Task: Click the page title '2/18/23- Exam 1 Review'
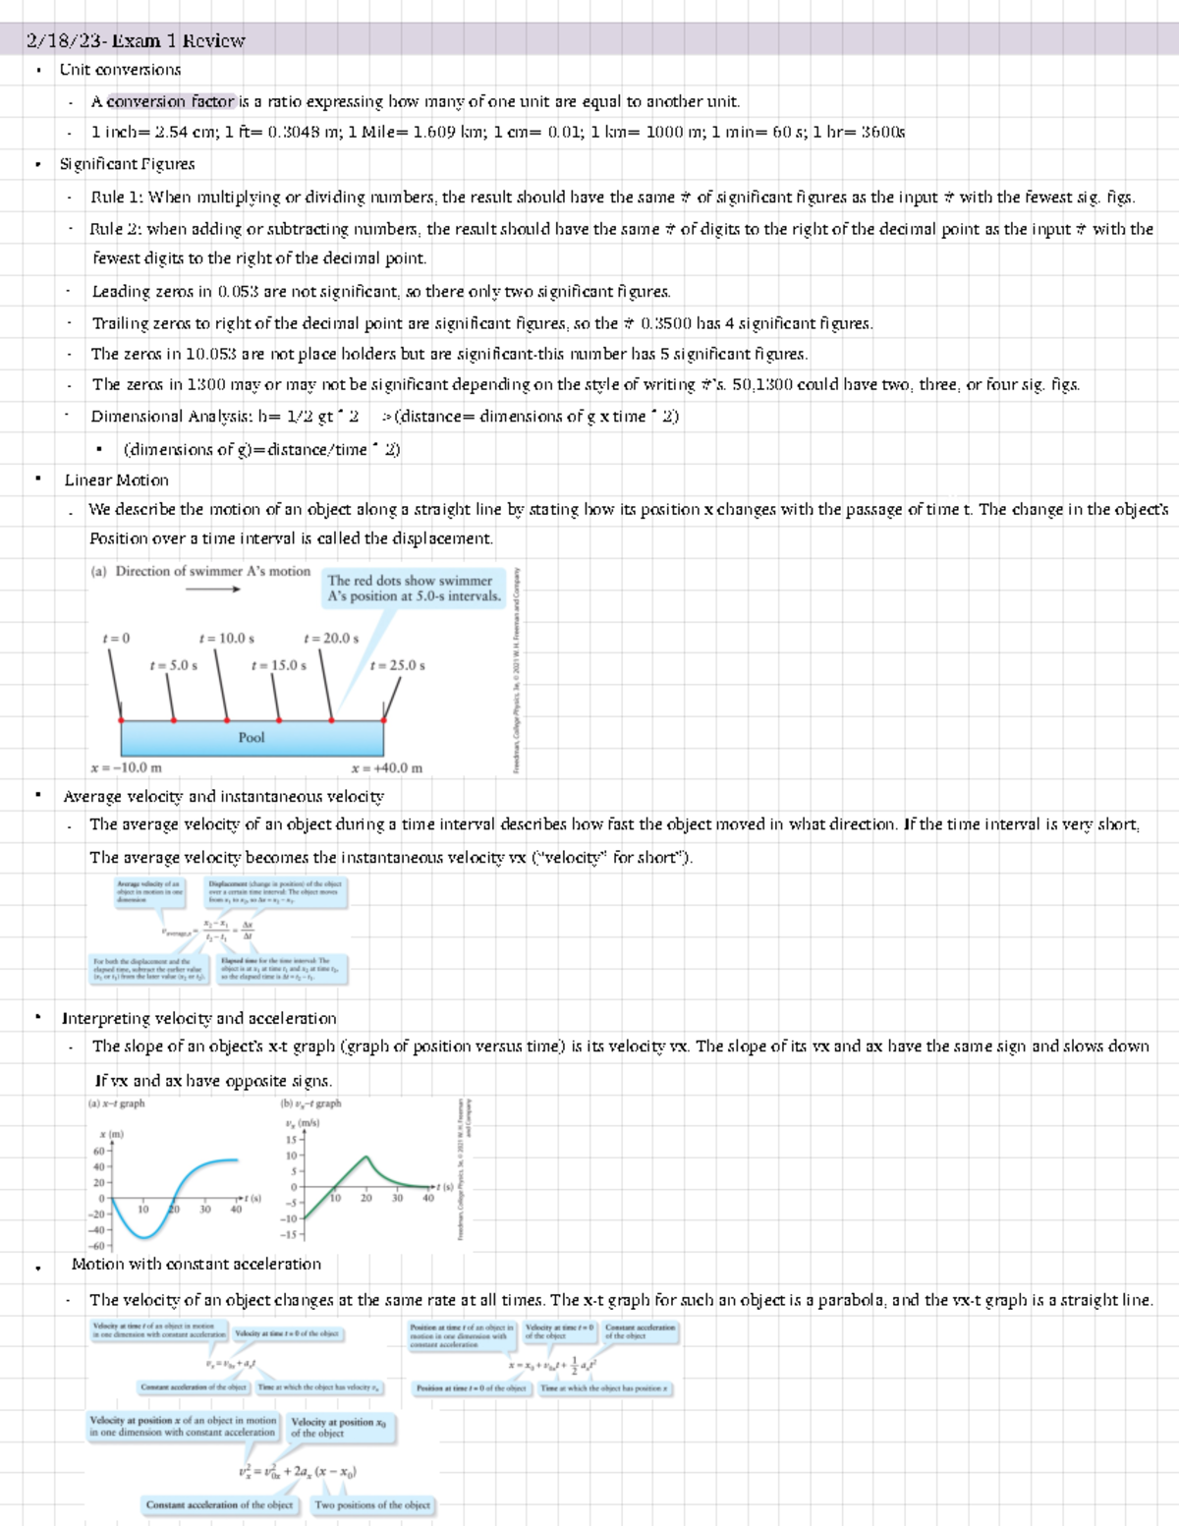(x=136, y=41)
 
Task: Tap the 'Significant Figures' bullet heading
(x=127, y=164)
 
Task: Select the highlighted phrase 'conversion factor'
(x=171, y=101)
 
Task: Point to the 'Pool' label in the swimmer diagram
(x=252, y=737)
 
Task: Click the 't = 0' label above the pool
(x=116, y=639)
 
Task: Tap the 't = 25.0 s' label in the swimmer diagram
(x=397, y=665)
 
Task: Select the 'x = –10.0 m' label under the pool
(x=126, y=767)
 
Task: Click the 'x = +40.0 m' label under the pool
(x=386, y=767)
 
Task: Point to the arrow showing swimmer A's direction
(x=212, y=590)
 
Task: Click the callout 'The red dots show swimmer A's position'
(x=414, y=589)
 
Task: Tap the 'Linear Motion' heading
(x=116, y=480)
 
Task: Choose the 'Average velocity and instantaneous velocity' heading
(x=223, y=797)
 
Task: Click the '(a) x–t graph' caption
(x=116, y=1103)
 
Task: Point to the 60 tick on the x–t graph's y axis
(x=99, y=1151)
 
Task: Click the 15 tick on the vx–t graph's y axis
(x=291, y=1140)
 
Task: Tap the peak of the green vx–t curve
(x=367, y=1158)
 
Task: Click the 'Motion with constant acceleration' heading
(x=196, y=1265)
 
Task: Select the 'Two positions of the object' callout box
(x=372, y=1505)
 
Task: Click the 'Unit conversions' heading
(x=120, y=70)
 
